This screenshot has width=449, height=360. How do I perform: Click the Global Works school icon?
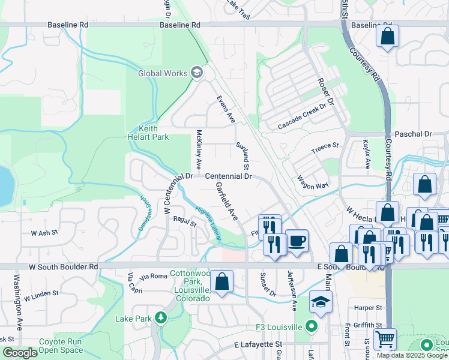[x=196, y=73]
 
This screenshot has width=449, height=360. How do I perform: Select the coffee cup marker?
[x=297, y=241]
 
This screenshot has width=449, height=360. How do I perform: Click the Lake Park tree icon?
[x=161, y=317]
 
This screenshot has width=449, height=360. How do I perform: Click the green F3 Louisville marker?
[x=311, y=327]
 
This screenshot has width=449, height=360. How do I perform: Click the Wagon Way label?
[x=313, y=182]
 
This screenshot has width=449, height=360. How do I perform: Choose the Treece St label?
[x=325, y=147]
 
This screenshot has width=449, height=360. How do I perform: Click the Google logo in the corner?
[x=20, y=353]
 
